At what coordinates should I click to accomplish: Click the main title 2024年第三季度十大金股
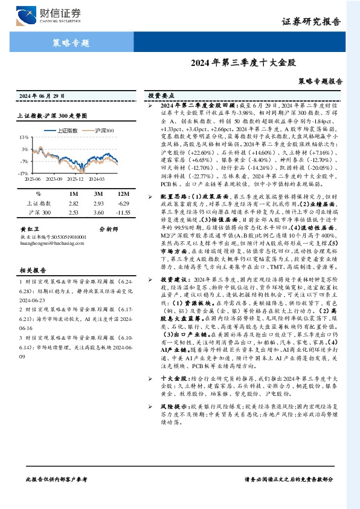pyautogui.click(x=244, y=62)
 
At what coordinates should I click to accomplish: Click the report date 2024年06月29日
pyautogui.click(x=42, y=96)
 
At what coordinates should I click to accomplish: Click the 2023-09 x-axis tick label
pyautogui.click(x=54, y=179)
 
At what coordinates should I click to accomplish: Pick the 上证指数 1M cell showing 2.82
pyautogui.click(x=74, y=204)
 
